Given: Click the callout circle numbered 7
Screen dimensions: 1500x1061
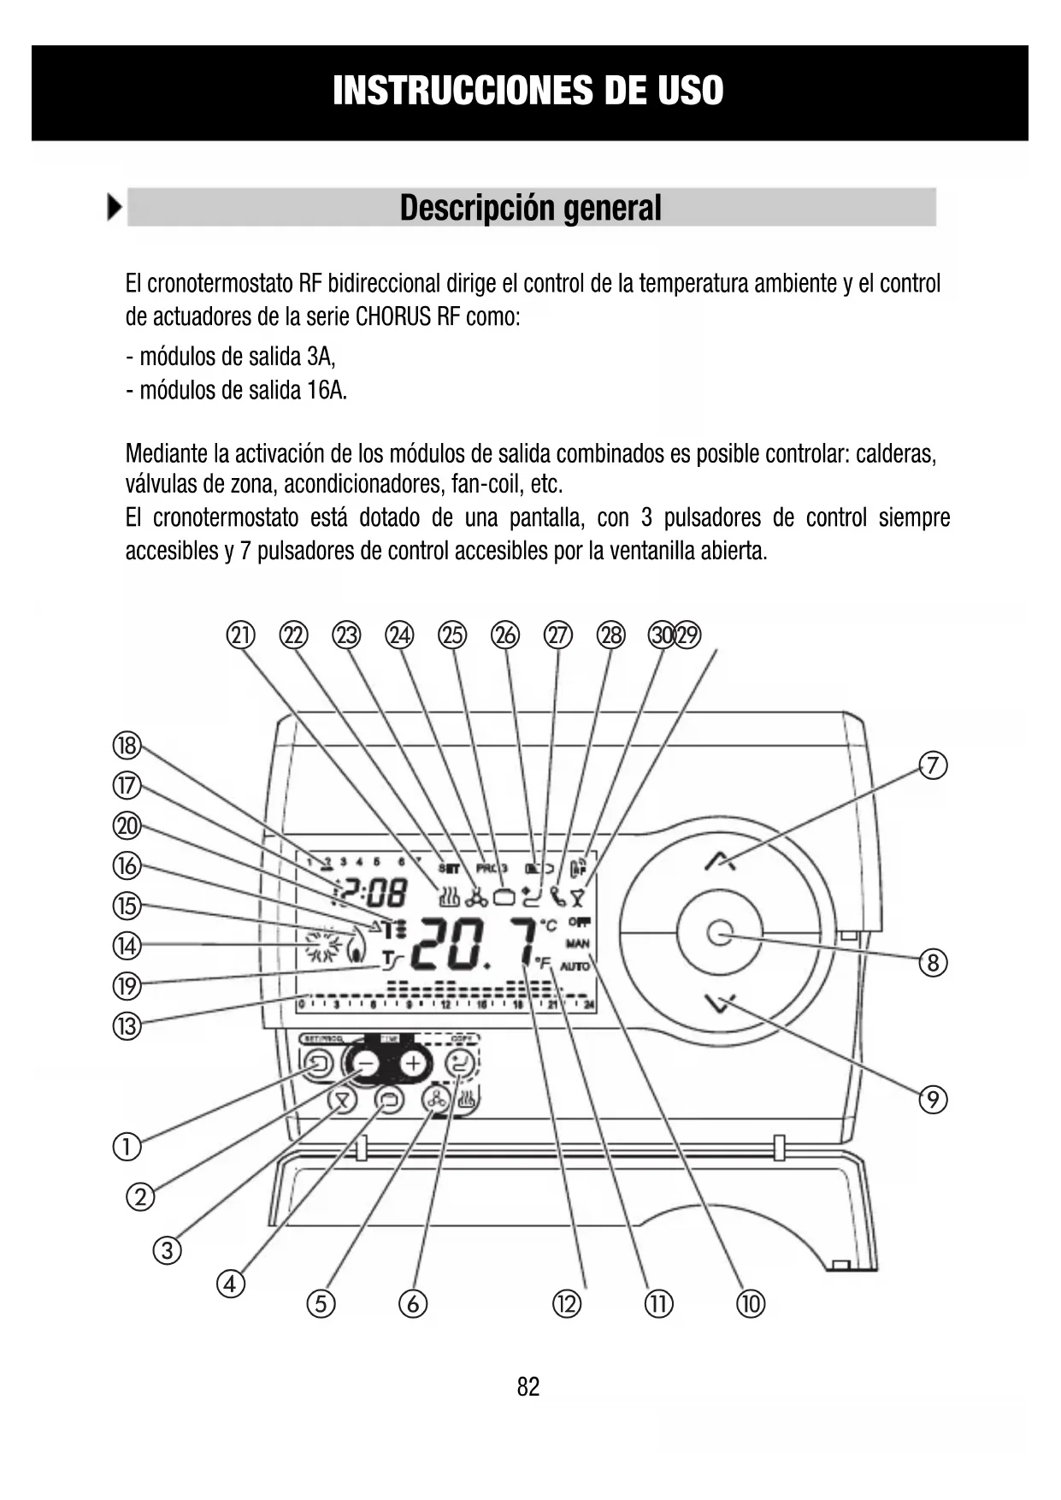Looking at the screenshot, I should [933, 765].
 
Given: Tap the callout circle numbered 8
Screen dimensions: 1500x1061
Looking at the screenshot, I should [933, 964].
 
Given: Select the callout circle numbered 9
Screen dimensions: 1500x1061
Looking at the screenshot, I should [933, 1099].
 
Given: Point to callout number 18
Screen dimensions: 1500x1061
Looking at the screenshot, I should [127, 746].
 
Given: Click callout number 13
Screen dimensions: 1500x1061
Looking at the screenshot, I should [127, 1025].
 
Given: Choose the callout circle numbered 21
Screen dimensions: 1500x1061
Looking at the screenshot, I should [241, 635].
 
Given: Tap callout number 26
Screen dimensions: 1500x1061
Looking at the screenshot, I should [505, 635].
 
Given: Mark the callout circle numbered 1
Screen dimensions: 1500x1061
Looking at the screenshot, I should [127, 1146].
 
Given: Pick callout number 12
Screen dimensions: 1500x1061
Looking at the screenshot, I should [566, 1304].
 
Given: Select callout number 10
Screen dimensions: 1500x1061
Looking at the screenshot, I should [751, 1304].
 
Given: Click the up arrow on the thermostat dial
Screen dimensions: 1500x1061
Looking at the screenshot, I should [720, 861].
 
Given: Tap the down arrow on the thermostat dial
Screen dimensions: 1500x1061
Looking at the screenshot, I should [720, 1002].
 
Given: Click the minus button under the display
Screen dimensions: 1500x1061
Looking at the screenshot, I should [366, 1064].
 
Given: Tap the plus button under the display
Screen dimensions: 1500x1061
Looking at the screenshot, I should [414, 1064].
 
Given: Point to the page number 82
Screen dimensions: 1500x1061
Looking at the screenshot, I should [528, 1386].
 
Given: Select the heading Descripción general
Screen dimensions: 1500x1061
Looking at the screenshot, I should [530, 208].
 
